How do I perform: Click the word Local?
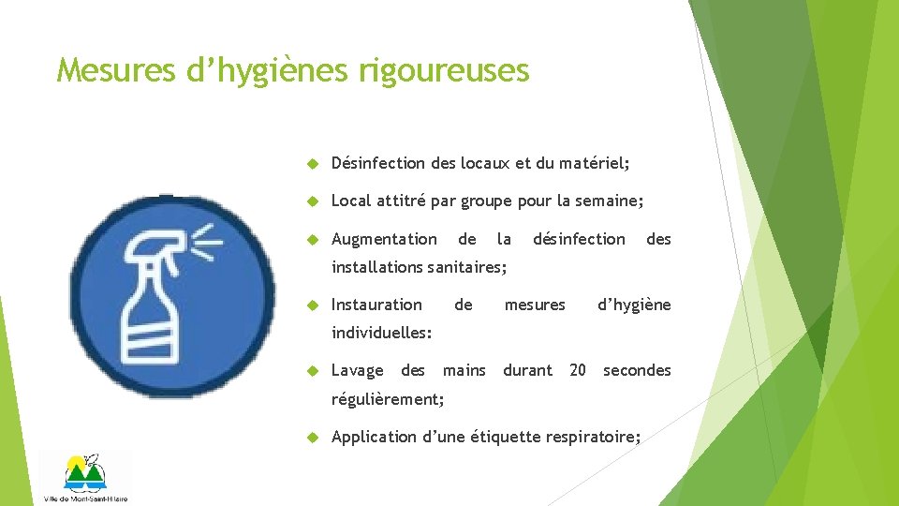click(x=351, y=201)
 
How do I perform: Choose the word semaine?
click(x=613, y=201)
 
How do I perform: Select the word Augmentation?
click(x=384, y=239)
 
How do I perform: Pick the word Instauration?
click(x=376, y=305)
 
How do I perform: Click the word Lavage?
click(x=357, y=370)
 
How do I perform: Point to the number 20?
click(x=578, y=370)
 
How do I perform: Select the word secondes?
click(x=637, y=370)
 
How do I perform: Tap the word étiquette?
click(x=505, y=437)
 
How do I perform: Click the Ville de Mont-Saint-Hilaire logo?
click(x=85, y=477)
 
